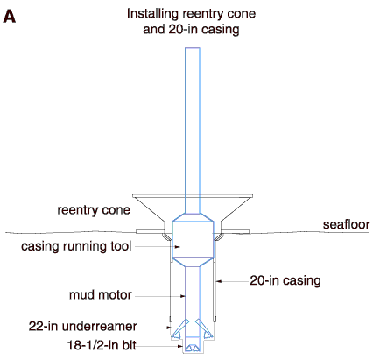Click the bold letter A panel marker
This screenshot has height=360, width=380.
(10, 16)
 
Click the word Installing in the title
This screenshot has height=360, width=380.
(152, 14)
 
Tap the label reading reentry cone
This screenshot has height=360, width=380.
(94, 210)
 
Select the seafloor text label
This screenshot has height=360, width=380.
(346, 224)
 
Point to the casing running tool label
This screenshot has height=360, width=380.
(76, 246)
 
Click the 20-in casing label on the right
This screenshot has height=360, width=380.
(285, 280)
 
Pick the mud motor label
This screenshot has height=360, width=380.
(101, 295)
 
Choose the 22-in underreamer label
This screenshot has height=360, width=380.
(82, 326)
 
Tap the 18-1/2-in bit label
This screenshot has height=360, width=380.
(102, 345)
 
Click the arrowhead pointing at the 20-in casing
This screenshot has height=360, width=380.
(219, 281)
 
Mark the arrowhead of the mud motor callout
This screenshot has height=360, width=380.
(183, 296)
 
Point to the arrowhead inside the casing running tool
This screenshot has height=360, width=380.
(178, 247)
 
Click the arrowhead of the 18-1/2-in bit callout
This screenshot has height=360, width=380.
(180, 347)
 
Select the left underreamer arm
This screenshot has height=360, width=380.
(179, 329)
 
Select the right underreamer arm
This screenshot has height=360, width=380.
(203, 328)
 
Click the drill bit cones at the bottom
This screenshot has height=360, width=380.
(193, 348)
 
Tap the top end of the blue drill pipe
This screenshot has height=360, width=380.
(193, 48)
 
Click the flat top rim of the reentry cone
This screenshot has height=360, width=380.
(193, 195)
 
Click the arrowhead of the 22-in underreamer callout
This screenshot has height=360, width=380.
(169, 328)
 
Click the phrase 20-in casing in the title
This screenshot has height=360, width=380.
(204, 29)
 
